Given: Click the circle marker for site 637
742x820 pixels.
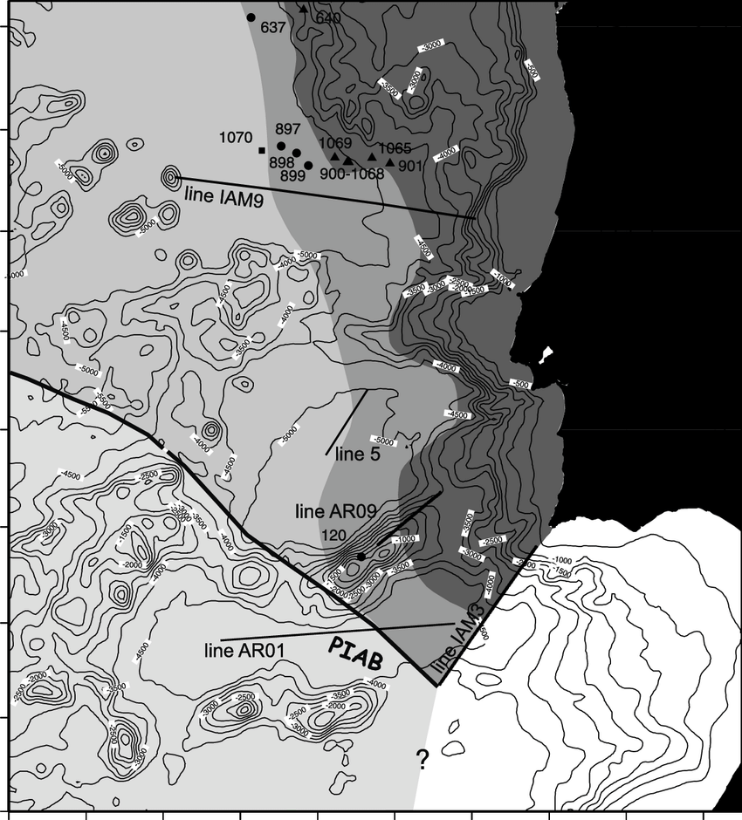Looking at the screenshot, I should coord(251,17).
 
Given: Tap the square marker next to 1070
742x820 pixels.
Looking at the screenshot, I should coord(263,150).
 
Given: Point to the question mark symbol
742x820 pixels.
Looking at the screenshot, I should coord(422,761).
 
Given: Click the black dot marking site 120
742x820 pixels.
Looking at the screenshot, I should coord(361,557).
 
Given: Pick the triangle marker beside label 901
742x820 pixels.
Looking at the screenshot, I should coord(389,161).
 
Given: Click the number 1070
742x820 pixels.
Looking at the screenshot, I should coord(235,138).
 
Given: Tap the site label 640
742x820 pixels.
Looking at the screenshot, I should coord(328,17).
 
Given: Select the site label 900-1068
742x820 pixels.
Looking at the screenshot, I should coord(352,174).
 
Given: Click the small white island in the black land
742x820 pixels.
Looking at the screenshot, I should coord(547,354).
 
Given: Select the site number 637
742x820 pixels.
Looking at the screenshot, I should coord(273,27).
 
